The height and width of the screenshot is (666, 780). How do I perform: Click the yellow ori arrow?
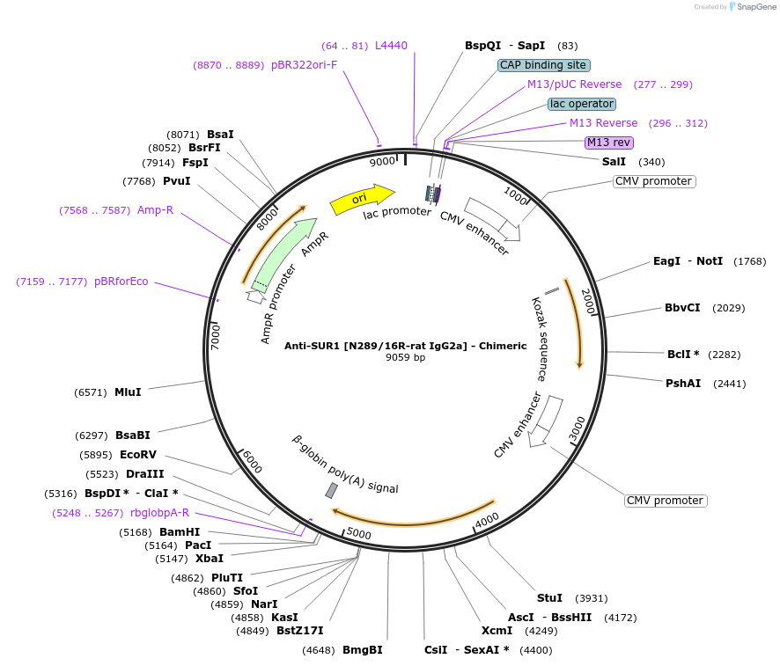(x=361, y=200)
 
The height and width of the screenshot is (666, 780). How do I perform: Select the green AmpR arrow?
(x=283, y=254)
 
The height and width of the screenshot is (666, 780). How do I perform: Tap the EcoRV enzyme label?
(x=138, y=455)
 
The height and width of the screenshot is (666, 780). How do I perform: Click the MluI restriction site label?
(x=128, y=392)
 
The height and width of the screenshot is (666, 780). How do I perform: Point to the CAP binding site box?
(x=543, y=65)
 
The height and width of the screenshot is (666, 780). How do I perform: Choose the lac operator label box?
(x=581, y=104)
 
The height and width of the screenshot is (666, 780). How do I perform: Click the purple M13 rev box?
(x=609, y=143)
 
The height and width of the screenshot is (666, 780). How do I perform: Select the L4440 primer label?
(x=391, y=46)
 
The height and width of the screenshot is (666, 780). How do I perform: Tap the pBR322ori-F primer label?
(x=304, y=65)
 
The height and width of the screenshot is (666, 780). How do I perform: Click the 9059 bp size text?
(x=405, y=358)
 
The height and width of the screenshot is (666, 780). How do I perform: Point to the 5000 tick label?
(x=359, y=533)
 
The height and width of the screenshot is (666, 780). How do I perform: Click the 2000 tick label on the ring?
(x=588, y=302)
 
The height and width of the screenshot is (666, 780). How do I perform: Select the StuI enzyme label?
(x=549, y=598)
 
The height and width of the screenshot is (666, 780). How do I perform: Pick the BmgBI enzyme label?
(x=363, y=650)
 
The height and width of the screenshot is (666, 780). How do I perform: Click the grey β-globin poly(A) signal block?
(x=331, y=490)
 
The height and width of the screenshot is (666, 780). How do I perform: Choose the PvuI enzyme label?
(x=176, y=181)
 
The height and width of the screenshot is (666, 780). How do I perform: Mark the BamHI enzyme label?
(x=180, y=532)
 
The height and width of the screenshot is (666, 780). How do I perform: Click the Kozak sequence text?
(x=540, y=339)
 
